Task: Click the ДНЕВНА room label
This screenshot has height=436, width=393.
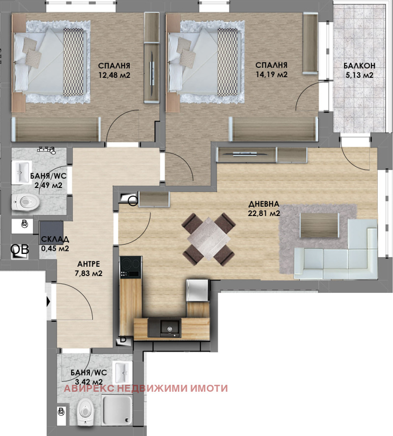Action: click(x=263, y=204)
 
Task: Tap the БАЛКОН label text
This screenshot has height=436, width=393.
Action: click(x=360, y=65)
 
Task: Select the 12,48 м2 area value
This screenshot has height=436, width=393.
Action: click(x=114, y=75)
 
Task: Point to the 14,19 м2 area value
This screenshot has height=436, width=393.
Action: click(x=272, y=74)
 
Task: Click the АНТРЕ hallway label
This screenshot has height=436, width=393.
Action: click(x=88, y=264)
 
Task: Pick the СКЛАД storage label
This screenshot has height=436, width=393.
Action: click(x=55, y=239)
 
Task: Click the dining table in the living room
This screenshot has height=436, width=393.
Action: click(x=209, y=239)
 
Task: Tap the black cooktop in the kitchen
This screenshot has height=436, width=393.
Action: click(x=131, y=267)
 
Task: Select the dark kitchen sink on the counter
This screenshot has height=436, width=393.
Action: click(x=164, y=328)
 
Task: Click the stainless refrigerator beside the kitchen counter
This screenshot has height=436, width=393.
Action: click(x=197, y=290)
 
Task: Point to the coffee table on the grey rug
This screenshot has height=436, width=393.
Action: click(x=319, y=225)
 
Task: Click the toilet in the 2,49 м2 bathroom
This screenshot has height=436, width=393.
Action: click(x=25, y=202)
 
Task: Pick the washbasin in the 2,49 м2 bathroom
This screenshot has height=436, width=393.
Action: click(x=21, y=172)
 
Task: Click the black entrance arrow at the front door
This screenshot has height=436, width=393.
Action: click(x=48, y=302)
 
